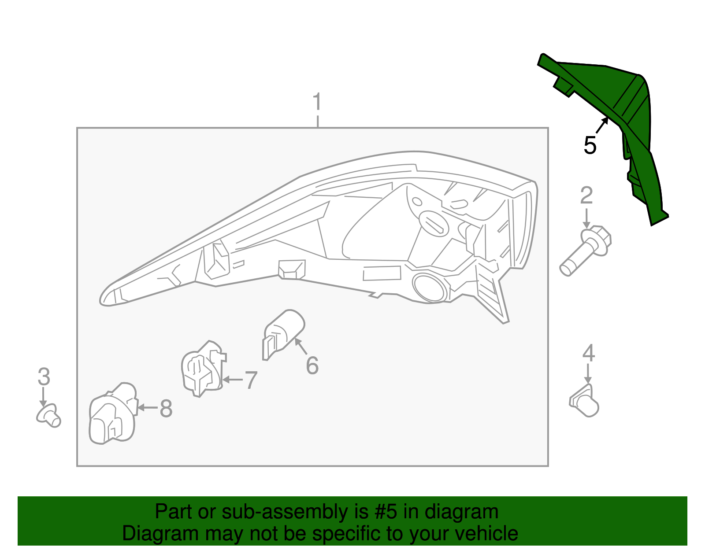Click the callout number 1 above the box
tap(317, 102)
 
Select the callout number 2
tap(586, 196)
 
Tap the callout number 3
tap(44, 377)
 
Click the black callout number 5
tap(590, 145)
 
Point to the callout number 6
tap(312, 365)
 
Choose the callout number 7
tap(251, 380)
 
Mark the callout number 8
tap(166, 408)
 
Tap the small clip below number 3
tap(48, 416)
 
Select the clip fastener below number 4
tap(584, 401)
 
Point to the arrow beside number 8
tap(148, 408)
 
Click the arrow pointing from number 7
tap(232, 379)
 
